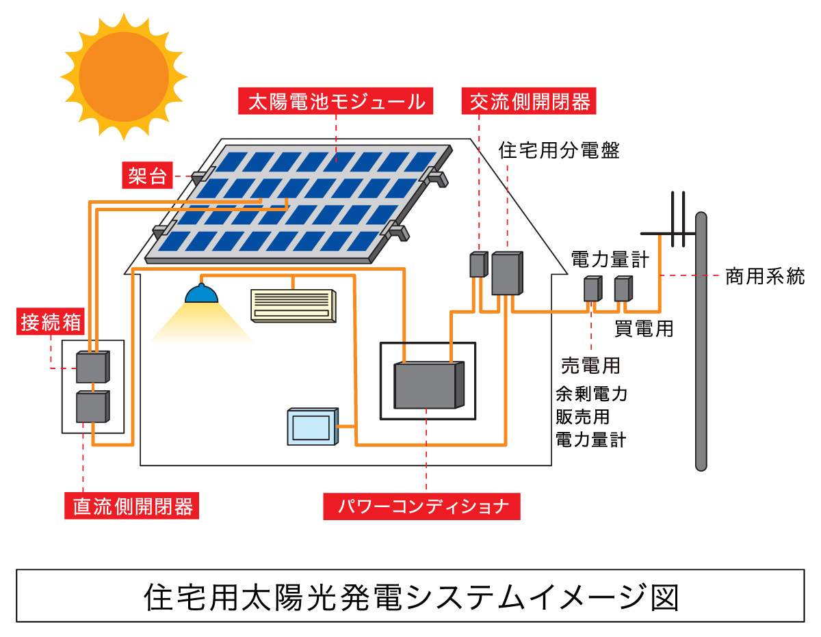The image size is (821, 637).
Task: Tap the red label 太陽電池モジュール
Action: coord(336,102)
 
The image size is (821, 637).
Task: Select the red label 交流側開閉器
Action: coord(530,102)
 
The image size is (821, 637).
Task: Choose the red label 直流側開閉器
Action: coord(133,506)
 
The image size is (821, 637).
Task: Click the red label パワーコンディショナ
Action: coord(421,506)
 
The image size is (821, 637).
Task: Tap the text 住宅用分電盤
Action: coord(560,150)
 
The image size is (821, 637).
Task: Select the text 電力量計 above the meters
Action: coord(610,258)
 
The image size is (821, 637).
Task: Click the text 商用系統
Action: coord(765,277)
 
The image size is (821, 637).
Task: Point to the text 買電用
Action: coord(643,329)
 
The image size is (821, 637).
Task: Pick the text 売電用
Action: coord(590,366)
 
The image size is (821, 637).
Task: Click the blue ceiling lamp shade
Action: coord(201,294)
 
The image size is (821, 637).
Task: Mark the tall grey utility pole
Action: coord(701,342)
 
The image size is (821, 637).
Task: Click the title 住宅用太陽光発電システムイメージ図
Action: coord(410,596)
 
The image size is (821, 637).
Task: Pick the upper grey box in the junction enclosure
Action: coord(92,367)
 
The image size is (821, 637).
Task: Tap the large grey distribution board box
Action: coord(507,273)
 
